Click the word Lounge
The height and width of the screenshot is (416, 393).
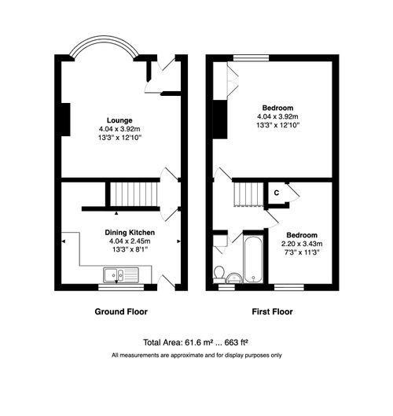[x=120, y=120]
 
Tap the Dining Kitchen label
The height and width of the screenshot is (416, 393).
[x=130, y=234]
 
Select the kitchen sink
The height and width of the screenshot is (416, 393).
[x=119, y=274]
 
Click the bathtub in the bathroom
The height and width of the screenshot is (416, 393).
[x=255, y=257]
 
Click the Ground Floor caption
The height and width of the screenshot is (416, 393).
[x=121, y=311]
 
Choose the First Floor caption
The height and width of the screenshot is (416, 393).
[x=272, y=311]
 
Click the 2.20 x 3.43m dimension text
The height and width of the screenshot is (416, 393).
[x=302, y=244]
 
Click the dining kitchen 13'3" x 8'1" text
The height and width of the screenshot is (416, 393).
[x=130, y=250]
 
